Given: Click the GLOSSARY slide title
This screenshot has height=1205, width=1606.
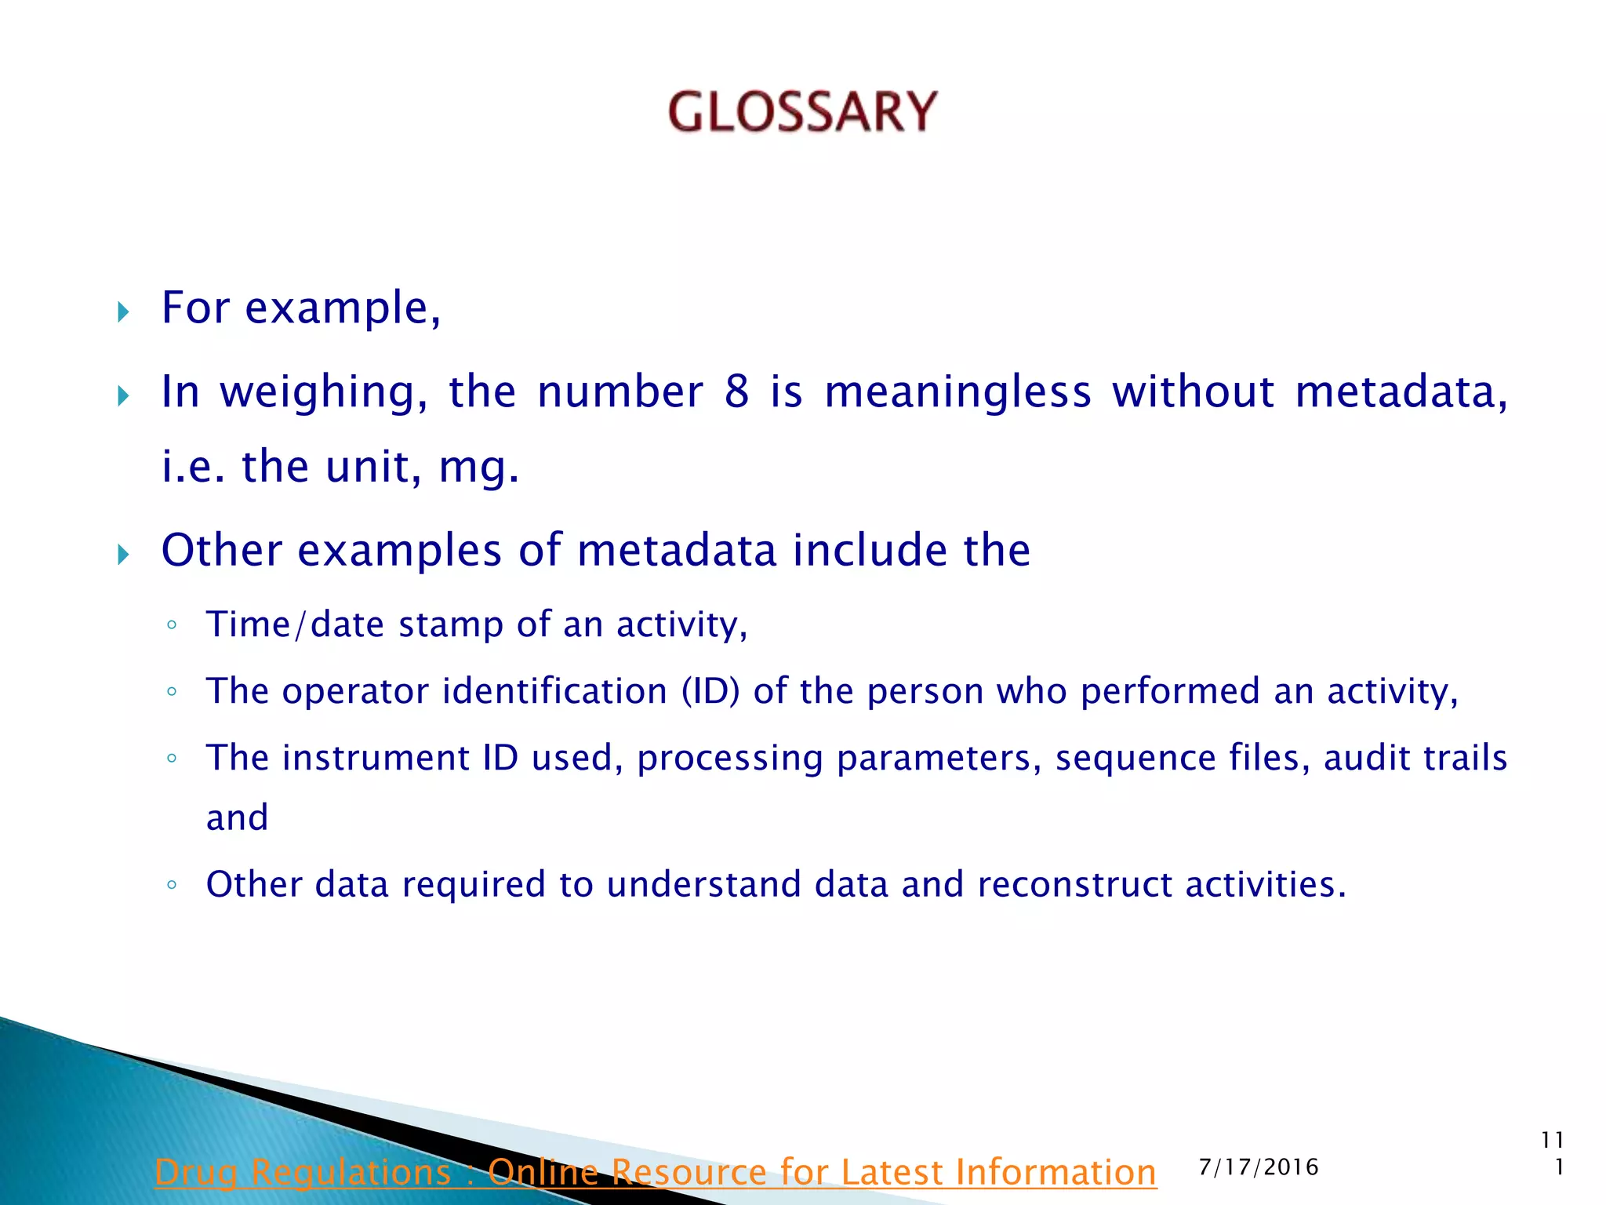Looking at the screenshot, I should coord(802,111).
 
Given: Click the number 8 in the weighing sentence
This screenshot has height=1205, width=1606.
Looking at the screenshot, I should coord(736,391).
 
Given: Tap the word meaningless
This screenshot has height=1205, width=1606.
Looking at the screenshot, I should coord(957,391).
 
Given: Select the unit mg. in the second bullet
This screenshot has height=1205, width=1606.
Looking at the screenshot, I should coord(479,468).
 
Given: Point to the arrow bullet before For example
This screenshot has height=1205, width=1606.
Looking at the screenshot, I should coord(123,313).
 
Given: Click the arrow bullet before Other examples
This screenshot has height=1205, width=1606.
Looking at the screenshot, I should coord(123,555).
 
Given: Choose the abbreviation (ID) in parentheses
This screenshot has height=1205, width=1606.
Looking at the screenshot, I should coord(710,691).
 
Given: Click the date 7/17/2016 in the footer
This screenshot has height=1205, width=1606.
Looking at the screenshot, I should coord(1259,1167).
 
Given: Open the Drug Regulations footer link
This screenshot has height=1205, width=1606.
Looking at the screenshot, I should coord(656,1172).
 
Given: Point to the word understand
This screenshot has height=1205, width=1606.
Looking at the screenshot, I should coord(704,885).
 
